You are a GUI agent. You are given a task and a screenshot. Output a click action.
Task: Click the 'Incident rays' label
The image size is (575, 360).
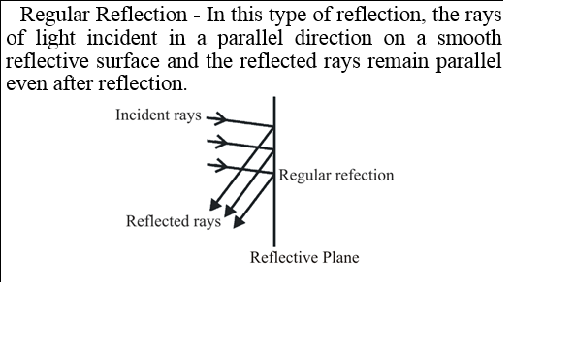157,115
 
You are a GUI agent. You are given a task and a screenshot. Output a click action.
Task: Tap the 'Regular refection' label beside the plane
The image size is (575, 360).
336,176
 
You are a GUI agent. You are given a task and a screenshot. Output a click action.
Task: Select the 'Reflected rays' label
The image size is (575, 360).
173,221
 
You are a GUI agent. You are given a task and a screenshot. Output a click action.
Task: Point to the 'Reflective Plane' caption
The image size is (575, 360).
304,258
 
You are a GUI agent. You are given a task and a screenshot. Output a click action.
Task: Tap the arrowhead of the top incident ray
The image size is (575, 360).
222,120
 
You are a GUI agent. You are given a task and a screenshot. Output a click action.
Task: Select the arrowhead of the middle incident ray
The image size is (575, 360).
221,143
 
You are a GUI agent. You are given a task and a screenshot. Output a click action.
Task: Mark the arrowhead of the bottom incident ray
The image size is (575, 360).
222,164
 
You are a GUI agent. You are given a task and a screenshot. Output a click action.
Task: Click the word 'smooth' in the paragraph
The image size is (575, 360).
467,39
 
